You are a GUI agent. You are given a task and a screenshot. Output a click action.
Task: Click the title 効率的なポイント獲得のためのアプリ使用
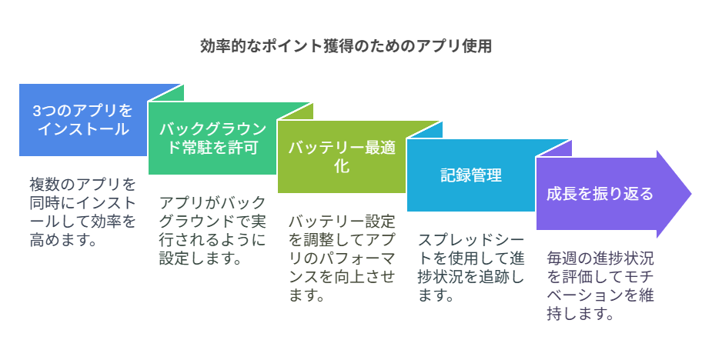pyautogui.click(x=346, y=46)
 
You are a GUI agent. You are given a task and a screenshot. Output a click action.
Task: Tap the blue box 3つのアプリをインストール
pyautogui.click(x=84, y=120)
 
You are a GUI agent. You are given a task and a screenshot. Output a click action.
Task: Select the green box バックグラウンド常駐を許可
pyautogui.click(x=212, y=138)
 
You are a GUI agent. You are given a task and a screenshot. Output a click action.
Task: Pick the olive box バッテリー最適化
pyautogui.click(x=342, y=157)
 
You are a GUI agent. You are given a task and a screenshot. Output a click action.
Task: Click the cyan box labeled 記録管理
pyautogui.click(x=471, y=175)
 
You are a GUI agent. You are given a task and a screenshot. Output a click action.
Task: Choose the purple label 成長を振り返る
pyautogui.click(x=600, y=194)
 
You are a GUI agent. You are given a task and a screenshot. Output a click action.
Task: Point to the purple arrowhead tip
pyautogui.click(x=691, y=194)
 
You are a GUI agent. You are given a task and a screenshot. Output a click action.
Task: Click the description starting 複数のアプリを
pyautogui.click(x=83, y=212)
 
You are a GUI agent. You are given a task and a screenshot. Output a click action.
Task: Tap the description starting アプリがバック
pyautogui.click(x=212, y=231)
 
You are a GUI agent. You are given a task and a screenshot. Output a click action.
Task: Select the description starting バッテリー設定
pyautogui.click(x=342, y=258)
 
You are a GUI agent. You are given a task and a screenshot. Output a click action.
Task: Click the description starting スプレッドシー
pyautogui.click(x=471, y=268)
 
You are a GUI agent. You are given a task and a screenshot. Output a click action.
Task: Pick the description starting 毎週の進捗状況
pyautogui.click(x=600, y=286)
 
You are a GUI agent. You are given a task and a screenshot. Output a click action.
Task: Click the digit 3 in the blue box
pyautogui.click(x=37, y=111)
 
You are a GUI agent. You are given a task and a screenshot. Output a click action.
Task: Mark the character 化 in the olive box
pyautogui.click(x=342, y=166)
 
